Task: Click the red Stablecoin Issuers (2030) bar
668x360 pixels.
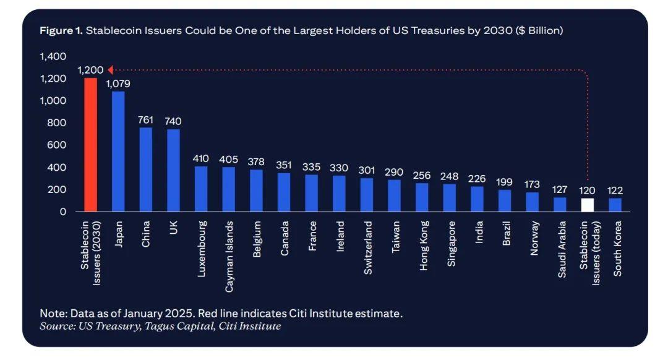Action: pyautogui.click(x=90, y=145)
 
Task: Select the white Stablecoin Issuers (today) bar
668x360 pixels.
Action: pyautogui.click(x=587, y=205)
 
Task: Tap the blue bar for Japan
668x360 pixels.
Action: pyautogui.click(x=118, y=152)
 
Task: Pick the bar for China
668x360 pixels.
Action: pyautogui.click(x=146, y=169)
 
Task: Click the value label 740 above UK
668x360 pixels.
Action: pyautogui.click(x=173, y=121)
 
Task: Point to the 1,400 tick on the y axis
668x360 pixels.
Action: pyautogui.click(x=53, y=56)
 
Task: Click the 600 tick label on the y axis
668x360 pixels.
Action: pyautogui.click(x=57, y=145)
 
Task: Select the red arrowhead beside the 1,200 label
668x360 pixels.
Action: pyautogui.click(x=110, y=70)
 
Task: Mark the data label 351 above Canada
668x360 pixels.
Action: pyautogui.click(x=284, y=165)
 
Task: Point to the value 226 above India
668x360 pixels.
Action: pyautogui.click(x=477, y=179)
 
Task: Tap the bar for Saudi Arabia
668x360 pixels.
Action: pyautogui.click(x=560, y=204)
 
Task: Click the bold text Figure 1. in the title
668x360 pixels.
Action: pyautogui.click(x=61, y=31)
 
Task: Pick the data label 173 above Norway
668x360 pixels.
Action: pyautogui.click(x=532, y=184)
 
